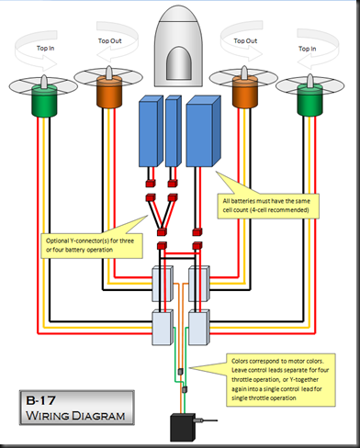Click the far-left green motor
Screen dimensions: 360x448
[44, 101]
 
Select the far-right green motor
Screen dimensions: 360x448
[309, 100]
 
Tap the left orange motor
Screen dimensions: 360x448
[109, 92]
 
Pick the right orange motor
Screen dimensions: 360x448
[244, 92]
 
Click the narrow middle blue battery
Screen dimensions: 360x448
[174, 131]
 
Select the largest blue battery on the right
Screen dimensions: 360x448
[203, 131]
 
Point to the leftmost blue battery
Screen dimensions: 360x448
[151, 131]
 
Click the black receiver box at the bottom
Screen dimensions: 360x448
[183, 428]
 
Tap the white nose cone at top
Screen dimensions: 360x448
[178, 46]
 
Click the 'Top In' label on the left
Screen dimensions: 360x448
[45, 48]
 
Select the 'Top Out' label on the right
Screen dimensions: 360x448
[245, 40]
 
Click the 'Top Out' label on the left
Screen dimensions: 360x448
[110, 40]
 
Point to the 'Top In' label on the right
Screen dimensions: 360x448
[308, 49]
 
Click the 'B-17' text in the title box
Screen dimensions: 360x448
[40, 400]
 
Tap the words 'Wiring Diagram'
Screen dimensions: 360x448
[75, 416]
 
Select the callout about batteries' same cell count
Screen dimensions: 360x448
[268, 206]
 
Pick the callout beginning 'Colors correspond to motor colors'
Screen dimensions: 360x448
[280, 380]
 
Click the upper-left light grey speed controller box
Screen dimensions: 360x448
[163, 284]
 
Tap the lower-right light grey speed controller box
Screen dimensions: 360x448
[199, 328]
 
